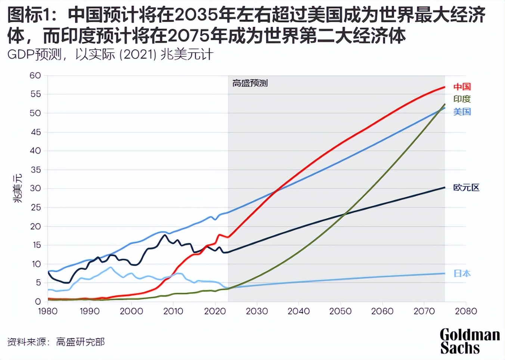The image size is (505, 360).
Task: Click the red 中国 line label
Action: click(462, 87)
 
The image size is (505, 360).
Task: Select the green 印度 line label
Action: click(462, 99)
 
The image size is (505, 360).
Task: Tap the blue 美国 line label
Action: click(462, 112)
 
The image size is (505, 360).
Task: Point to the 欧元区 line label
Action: click(466, 187)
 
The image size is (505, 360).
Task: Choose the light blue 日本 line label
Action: click(462, 273)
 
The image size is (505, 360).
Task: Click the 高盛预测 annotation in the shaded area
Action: click(250, 83)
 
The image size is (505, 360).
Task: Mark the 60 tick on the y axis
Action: click(35, 75)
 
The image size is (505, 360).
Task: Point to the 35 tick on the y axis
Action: click(35, 170)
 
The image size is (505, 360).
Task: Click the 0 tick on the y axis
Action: click(38, 301)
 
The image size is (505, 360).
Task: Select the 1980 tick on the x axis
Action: click(48, 311)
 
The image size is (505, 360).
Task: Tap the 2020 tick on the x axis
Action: click(215, 311)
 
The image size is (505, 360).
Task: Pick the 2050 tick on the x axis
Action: click(340, 311)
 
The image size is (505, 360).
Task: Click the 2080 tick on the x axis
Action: click(466, 311)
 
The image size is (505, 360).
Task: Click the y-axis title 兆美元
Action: click(18, 189)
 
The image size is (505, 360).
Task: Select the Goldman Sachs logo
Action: click(470, 341)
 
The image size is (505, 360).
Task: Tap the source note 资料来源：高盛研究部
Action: click(56, 342)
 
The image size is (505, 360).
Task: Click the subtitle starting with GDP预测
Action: click(110, 55)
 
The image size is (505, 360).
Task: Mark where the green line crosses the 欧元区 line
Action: click(344, 214)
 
